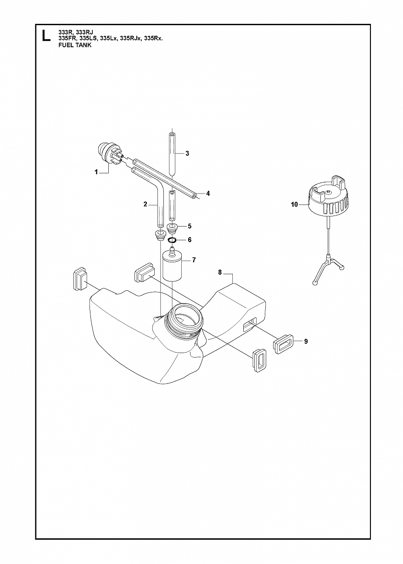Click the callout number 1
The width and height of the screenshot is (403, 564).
pyautogui.click(x=96, y=172)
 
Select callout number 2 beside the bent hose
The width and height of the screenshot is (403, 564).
pyautogui.click(x=145, y=205)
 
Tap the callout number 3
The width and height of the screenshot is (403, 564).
pyautogui.click(x=187, y=153)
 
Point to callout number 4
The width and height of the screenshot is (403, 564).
pyautogui.click(x=207, y=194)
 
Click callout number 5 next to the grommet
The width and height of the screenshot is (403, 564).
pyautogui.click(x=190, y=226)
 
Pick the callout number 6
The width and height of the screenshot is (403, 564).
pyautogui.click(x=190, y=240)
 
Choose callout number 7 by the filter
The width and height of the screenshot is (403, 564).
pyautogui.click(x=194, y=260)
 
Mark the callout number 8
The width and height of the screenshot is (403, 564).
pyautogui.click(x=220, y=272)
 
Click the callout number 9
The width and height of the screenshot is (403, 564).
pyautogui.click(x=306, y=342)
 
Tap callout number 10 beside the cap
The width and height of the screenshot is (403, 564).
pyautogui.click(x=294, y=205)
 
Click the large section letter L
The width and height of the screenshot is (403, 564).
pyautogui.click(x=45, y=35)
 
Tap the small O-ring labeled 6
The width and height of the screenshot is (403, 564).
pyautogui.click(x=173, y=240)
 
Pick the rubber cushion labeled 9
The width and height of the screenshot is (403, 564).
pyautogui.click(x=283, y=344)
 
